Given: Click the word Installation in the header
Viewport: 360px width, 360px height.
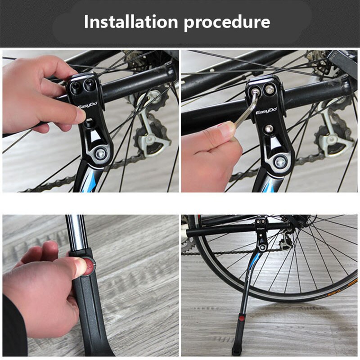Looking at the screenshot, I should pos(130,22).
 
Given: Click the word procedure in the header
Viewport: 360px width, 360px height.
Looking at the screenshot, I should pos(227,22).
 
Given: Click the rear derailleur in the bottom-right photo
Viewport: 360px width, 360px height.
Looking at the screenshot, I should pos(284,243).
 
